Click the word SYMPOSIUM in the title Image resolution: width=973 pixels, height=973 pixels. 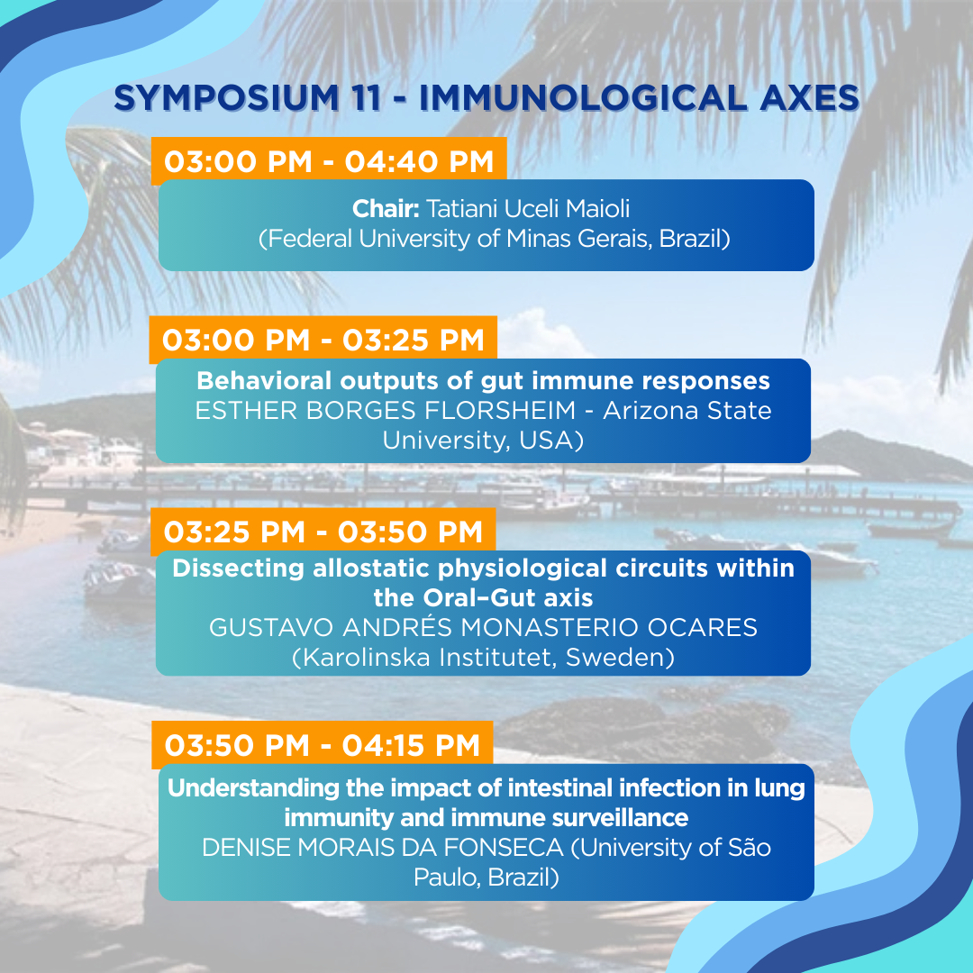(x=226, y=98)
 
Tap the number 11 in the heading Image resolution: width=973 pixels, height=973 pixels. (x=366, y=98)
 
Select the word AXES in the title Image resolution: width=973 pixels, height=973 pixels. (x=809, y=98)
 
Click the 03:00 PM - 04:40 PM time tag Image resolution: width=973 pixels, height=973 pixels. (x=329, y=161)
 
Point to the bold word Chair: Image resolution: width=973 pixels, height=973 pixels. (x=386, y=209)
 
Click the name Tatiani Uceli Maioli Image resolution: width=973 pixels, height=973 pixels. (x=527, y=209)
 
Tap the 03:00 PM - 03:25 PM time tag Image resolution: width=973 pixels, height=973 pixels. (x=323, y=340)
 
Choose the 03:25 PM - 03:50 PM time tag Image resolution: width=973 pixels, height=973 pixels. (x=323, y=532)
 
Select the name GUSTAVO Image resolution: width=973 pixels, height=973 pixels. (x=272, y=628)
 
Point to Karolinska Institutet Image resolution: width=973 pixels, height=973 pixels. (x=428, y=658)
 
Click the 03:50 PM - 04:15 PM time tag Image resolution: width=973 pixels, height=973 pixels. (x=322, y=745)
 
